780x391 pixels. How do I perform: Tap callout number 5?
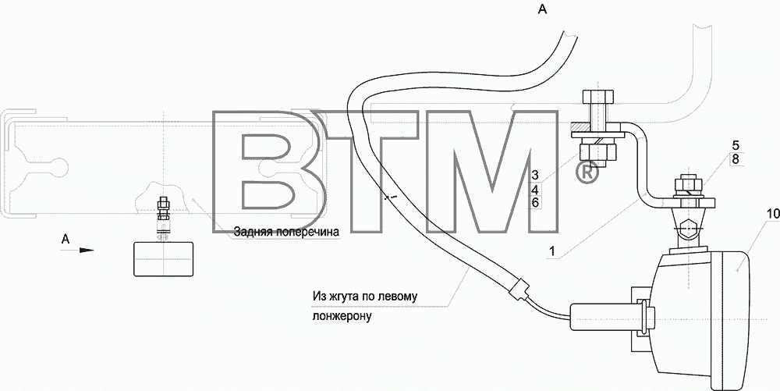click(x=736, y=146)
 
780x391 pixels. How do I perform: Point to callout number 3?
click(x=535, y=175)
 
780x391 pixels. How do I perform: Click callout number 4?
click(x=535, y=189)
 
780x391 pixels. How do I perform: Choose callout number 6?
click(x=535, y=202)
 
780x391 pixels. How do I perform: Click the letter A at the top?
click(x=542, y=9)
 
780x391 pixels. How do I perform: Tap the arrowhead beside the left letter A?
click(x=87, y=250)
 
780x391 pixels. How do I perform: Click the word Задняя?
click(x=253, y=232)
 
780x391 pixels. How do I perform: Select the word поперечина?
click(x=307, y=233)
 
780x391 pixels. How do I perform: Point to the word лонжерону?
click(x=342, y=316)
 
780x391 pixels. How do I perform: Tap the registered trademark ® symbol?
click(x=587, y=172)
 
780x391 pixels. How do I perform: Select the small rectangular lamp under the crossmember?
click(x=163, y=258)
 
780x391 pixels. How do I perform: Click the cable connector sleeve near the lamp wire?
click(x=518, y=290)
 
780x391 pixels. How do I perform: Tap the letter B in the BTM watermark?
click(x=270, y=171)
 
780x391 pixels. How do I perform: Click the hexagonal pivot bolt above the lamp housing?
click(x=688, y=229)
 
